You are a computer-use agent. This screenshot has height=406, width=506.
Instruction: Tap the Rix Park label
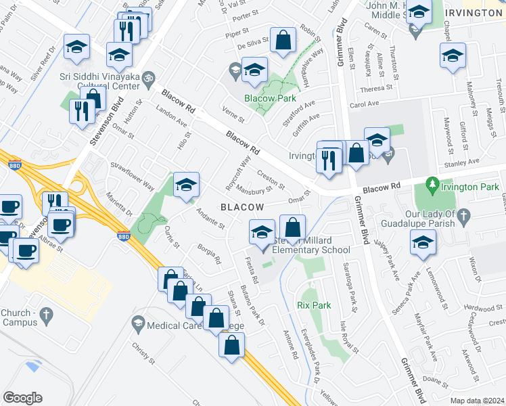pos(314,305)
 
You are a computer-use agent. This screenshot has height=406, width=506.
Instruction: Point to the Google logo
pos(22,398)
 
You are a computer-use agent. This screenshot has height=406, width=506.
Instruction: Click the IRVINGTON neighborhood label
pos(474,14)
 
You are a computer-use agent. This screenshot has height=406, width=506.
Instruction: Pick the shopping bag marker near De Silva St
pos(282,41)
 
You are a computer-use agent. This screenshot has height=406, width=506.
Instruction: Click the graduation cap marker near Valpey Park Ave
pos(423,242)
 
